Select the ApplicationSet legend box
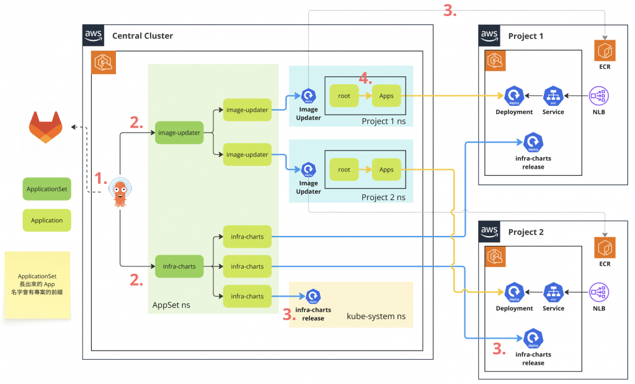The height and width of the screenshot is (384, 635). (47, 188)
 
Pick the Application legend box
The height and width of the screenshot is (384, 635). (47, 220)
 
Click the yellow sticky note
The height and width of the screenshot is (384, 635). (37, 284)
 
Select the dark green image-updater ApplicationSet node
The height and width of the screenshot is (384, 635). (180, 133)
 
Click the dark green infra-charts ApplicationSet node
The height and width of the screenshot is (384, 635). (180, 266)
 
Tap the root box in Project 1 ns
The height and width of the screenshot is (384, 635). (344, 95)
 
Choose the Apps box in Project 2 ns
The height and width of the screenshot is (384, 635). (386, 170)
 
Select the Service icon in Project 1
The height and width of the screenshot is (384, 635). (553, 96)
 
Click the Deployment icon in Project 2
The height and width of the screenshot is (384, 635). (514, 292)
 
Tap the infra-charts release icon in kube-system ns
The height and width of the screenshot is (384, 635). (313, 297)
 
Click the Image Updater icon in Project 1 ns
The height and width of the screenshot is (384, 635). (309, 96)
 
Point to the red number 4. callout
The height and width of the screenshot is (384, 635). (366, 79)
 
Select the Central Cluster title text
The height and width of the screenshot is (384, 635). (142, 36)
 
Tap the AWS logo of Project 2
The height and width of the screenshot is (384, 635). (489, 232)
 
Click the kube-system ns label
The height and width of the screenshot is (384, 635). (376, 316)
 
